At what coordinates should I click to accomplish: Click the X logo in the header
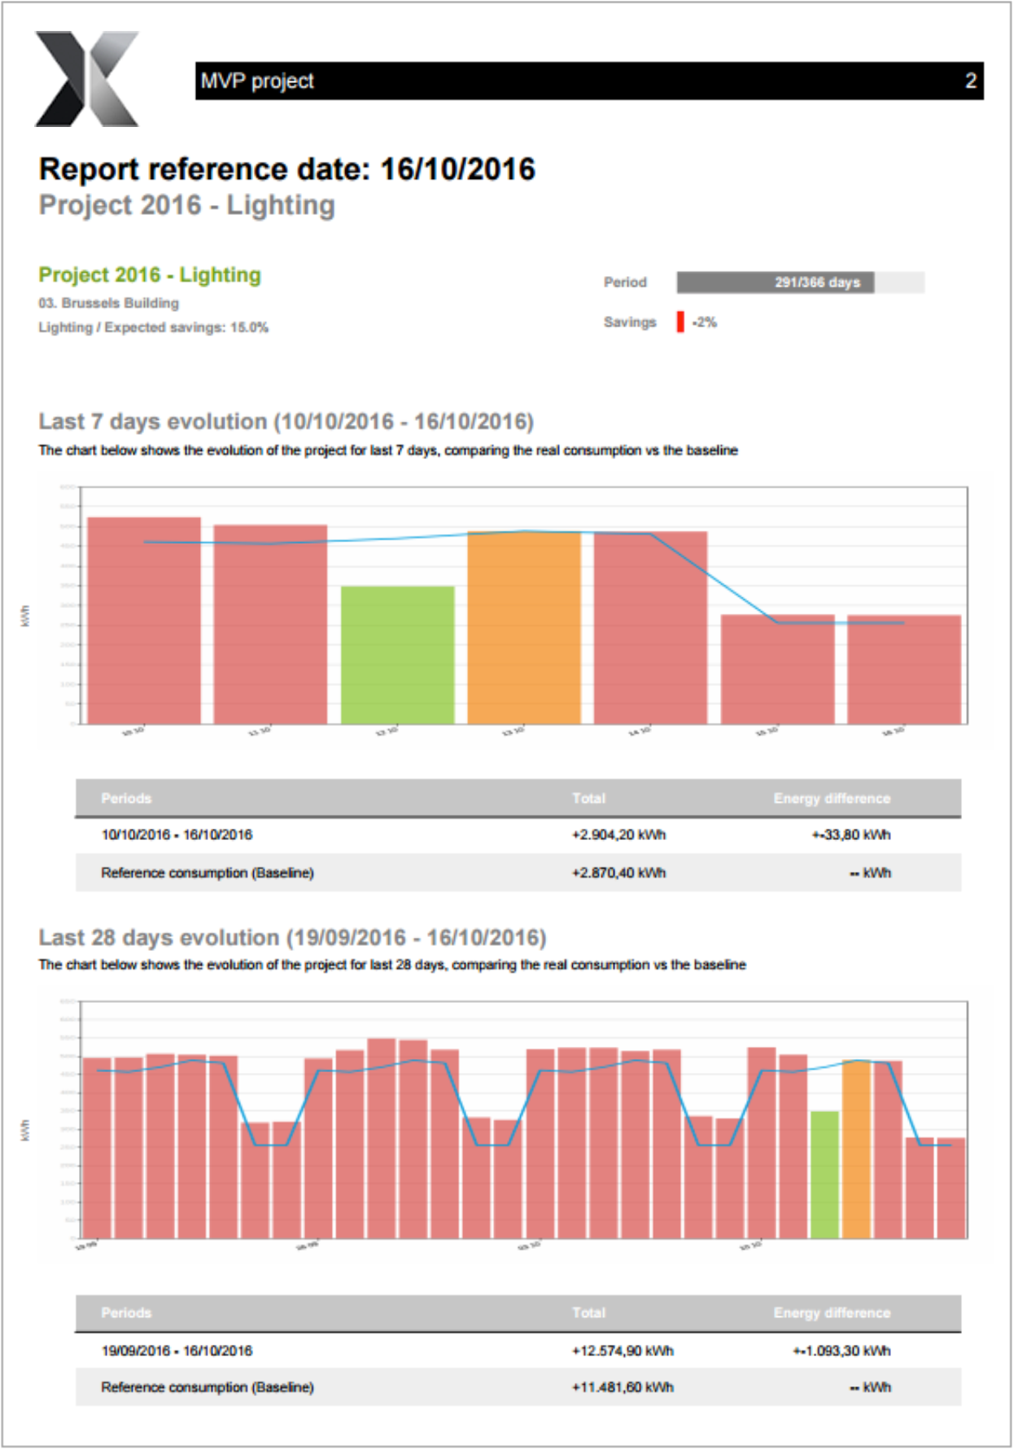click(x=87, y=79)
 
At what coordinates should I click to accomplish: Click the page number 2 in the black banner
click(x=970, y=81)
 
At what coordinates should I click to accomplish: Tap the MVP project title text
click(x=257, y=81)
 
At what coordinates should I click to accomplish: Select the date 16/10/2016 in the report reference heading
click(x=457, y=169)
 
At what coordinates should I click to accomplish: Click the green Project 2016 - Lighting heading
click(x=150, y=275)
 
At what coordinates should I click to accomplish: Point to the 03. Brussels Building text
click(x=108, y=303)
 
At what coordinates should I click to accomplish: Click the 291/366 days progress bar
click(x=800, y=282)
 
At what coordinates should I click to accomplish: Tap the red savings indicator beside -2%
click(x=680, y=322)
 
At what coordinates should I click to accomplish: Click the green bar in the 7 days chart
click(x=397, y=654)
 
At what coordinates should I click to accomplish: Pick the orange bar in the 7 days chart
click(x=524, y=628)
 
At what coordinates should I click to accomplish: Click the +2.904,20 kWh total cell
click(x=618, y=834)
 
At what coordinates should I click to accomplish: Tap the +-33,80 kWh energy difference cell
click(x=851, y=834)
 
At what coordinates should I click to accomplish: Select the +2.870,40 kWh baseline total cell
click(x=618, y=873)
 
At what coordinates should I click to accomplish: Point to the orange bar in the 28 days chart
click(x=856, y=1149)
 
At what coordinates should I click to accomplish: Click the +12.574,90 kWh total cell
click(x=623, y=1351)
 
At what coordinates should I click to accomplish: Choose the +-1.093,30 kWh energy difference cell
click(x=841, y=1351)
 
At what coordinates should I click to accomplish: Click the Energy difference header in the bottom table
click(x=832, y=1312)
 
